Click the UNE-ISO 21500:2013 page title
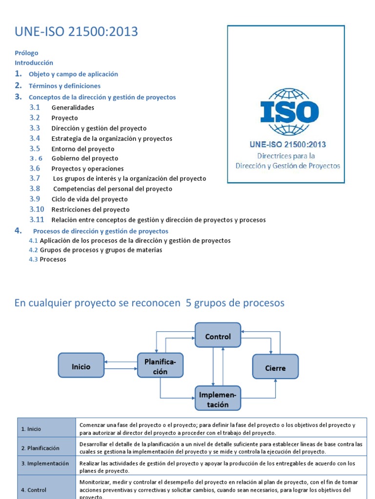point(76,32)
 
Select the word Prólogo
point(26,53)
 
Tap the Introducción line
point(34,63)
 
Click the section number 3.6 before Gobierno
point(36,158)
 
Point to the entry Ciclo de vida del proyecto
point(89,199)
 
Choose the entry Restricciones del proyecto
point(90,210)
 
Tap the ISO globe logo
point(289,112)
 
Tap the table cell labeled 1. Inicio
point(46,429)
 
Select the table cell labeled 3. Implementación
point(46,464)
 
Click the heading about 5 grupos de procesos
point(149,303)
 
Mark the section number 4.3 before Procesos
point(33,259)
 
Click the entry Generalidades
point(73,108)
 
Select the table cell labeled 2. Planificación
point(46,448)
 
